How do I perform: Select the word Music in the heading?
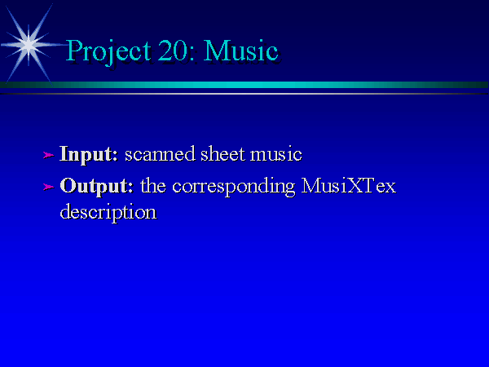pos(240,51)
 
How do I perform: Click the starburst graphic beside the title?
pos(29,45)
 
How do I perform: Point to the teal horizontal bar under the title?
pos(244,85)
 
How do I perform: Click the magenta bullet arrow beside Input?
pos(48,155)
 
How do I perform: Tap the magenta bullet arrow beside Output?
pos(48,187)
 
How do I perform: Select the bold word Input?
pos(89,154)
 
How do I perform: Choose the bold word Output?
pos(97,187)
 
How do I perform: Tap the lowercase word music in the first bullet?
pos(276,154)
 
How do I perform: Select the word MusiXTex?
pos(349,186)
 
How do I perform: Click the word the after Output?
pos(153,186)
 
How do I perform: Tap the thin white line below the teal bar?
pos(244,94)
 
